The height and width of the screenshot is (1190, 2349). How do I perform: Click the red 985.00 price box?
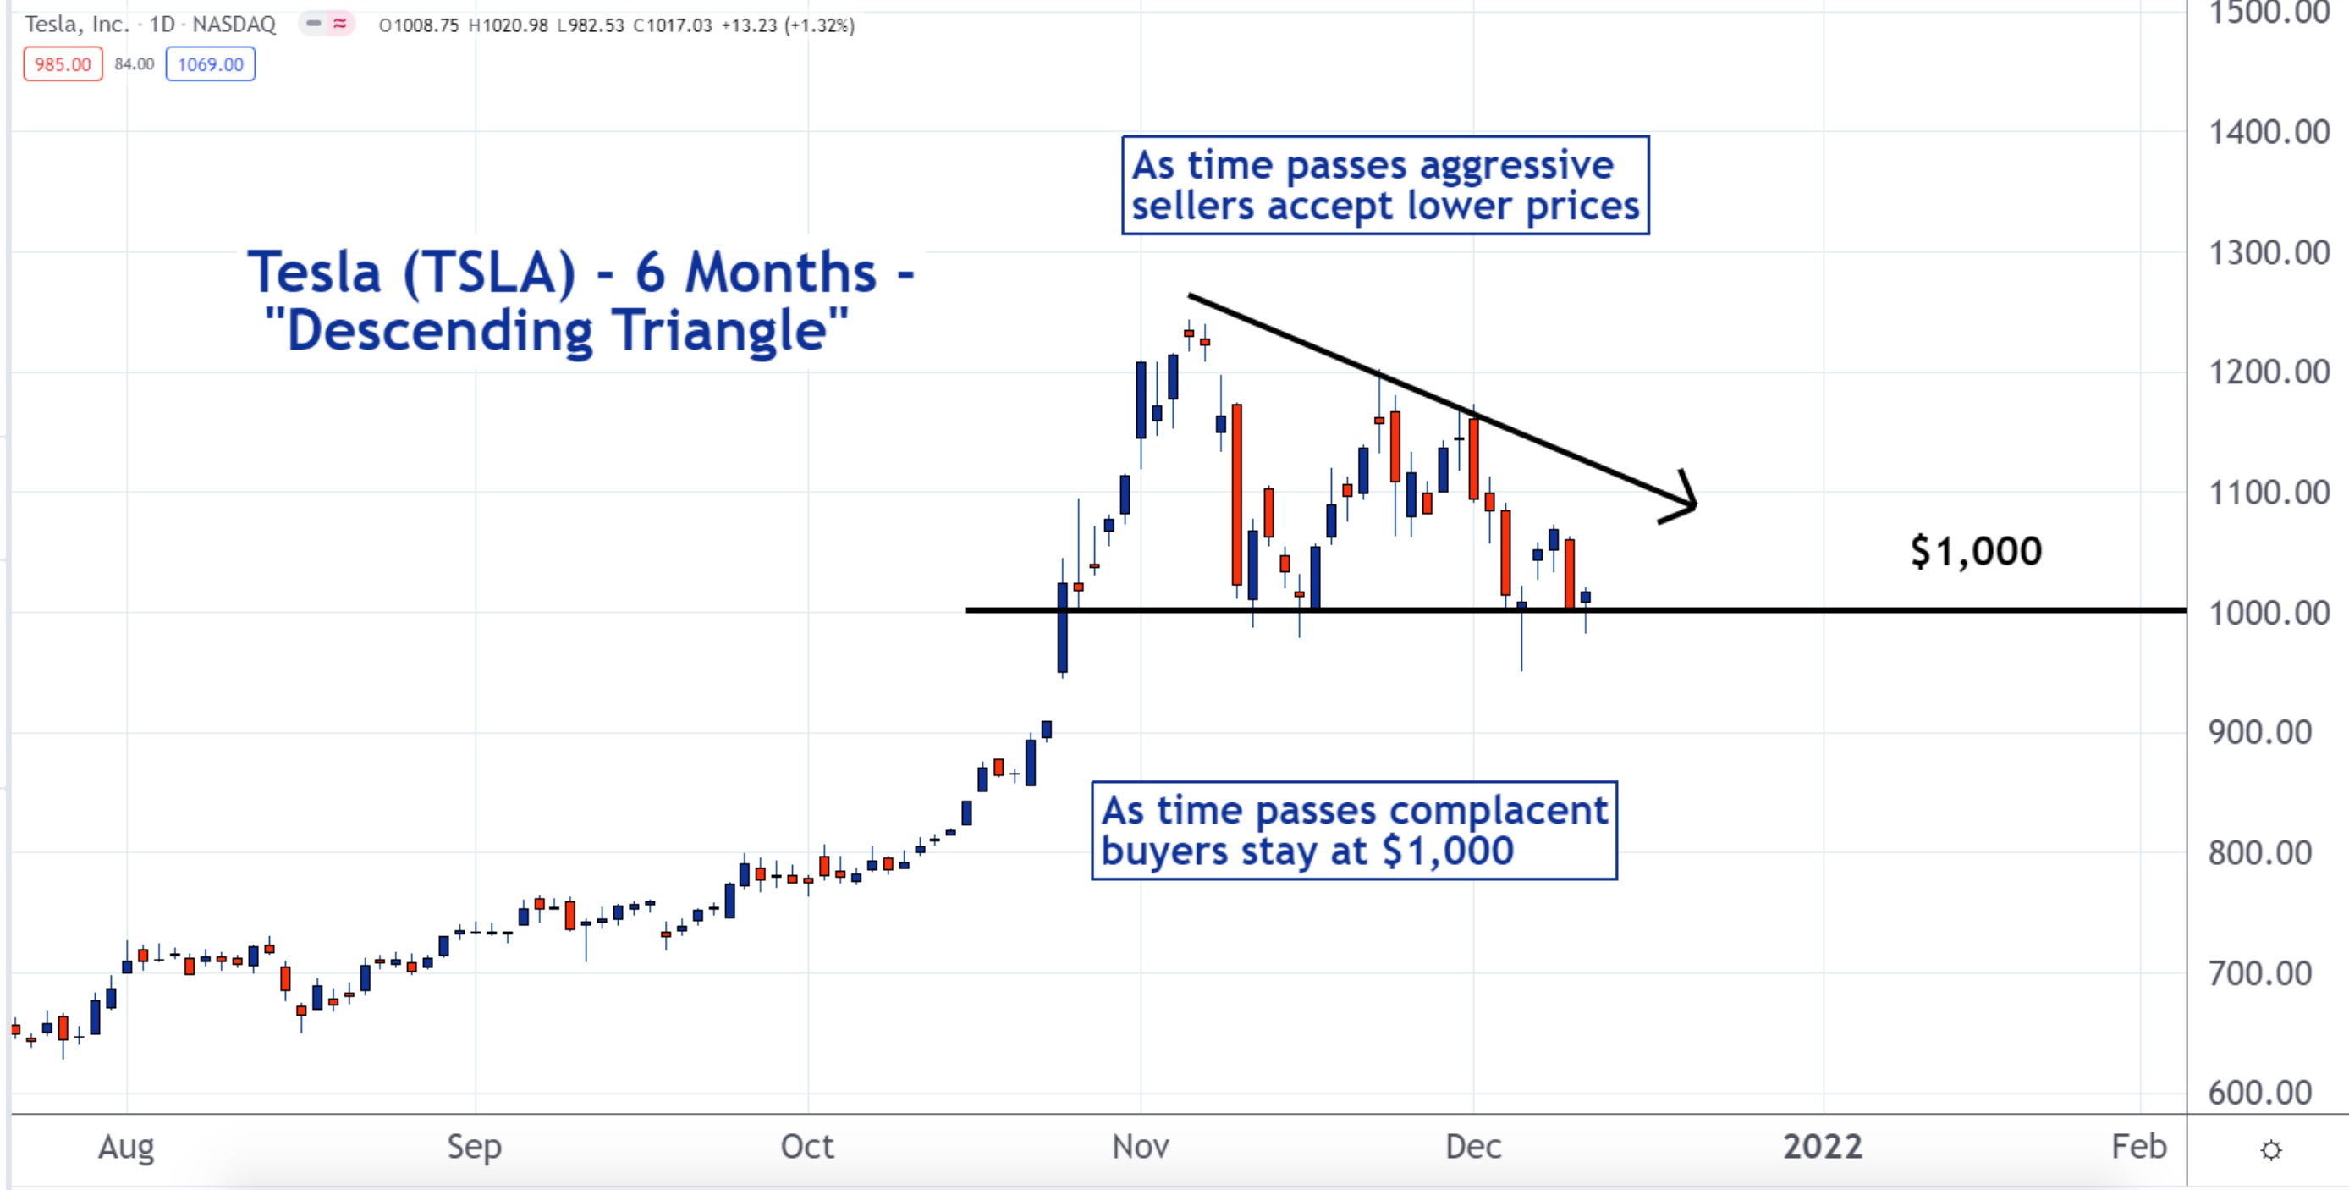[62, 64]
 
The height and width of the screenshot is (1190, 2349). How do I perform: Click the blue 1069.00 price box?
[210, 64]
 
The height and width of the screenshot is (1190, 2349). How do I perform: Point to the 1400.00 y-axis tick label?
[2269, 133]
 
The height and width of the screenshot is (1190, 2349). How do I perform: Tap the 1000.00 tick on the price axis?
[2269, 614]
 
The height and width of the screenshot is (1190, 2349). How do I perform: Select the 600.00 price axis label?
[2259, 1093]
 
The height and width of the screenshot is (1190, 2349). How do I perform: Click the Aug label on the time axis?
[126, 1146]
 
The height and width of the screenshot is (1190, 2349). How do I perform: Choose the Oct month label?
[807, 1146]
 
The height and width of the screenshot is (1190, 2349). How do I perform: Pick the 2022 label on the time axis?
[1822, 1146]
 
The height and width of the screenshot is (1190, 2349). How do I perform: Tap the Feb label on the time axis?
[2138, 1146]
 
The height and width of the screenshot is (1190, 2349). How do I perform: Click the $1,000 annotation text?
[1976, 552]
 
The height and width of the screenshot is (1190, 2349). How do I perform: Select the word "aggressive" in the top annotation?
[1516, 166]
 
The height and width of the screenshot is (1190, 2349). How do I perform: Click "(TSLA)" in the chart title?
[490, 273]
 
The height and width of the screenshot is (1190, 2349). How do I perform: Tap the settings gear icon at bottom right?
[2270, 1150]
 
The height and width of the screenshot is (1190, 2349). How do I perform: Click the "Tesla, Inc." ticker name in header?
[77, 25]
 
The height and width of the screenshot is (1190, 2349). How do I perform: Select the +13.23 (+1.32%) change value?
[788, 25]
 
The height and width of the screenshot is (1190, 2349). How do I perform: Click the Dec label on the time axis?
[1472, 1146]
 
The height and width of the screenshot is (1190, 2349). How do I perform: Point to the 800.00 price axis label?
[2259, 853]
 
